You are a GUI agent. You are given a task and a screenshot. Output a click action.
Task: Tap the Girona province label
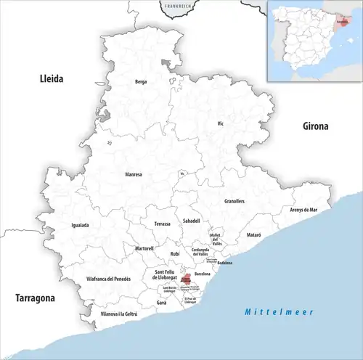click(316, 126)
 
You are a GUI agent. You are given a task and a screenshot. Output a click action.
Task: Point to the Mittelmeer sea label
click(279, 311)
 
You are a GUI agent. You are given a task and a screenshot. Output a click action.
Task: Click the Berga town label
click(141, 82)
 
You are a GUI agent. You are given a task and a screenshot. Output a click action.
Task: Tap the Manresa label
click(134, 174)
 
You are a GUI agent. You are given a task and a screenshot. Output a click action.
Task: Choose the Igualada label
click(80, 225)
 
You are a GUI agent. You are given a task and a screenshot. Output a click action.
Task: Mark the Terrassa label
click(162, 224)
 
